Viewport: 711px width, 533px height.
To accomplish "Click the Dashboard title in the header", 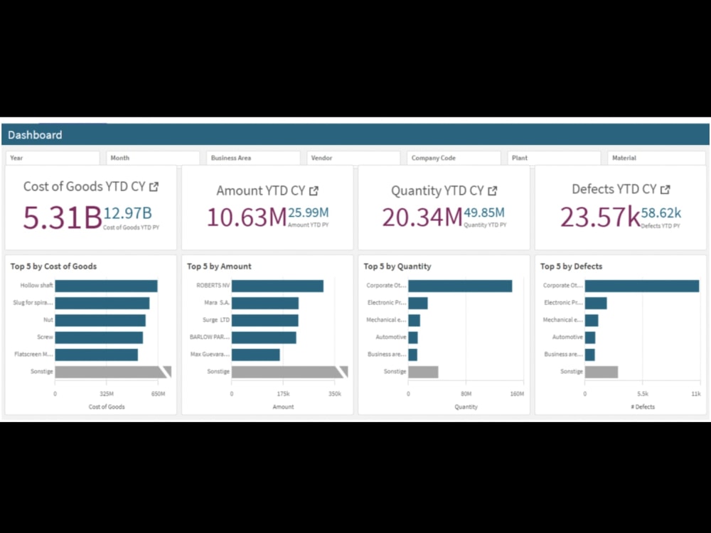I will [x=35, y=135].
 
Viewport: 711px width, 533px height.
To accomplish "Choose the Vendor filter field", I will [x=353, y=158].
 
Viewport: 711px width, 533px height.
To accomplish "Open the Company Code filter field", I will [x=454, y=158].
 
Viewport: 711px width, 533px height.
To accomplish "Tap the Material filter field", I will [x=654, y=158].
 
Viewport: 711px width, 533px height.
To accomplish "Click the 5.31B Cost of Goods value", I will [x=62, y=217].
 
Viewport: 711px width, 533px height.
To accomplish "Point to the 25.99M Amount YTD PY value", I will [x=309, y=212].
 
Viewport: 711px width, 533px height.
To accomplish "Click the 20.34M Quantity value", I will [x=422, y=217].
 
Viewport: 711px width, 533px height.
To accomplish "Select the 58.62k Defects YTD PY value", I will [x=661, y=212].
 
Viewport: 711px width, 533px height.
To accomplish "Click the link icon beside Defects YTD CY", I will [x=665, y=190].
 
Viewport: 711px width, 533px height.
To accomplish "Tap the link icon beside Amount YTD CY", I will [x=314, y=190].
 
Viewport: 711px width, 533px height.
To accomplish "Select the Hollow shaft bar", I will [x=106, y=286].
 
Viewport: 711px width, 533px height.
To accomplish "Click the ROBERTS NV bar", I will [x=277, y=286].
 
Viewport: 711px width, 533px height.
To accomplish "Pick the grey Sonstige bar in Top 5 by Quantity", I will [x=423, y=372].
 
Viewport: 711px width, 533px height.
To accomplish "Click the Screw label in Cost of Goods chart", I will [x=46, y=337].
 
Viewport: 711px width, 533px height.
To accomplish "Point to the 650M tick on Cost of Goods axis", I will [x=158, y=393].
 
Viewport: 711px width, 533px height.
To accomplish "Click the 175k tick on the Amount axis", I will [x=283, y=393].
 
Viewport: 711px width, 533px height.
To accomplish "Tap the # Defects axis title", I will [x=642, y=407].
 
